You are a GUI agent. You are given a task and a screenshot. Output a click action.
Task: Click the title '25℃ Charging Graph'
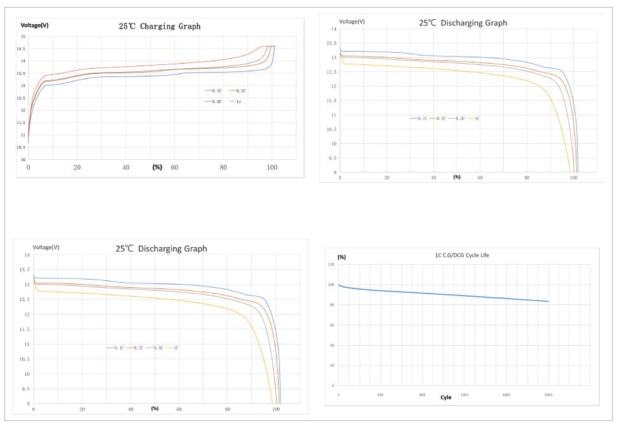160,27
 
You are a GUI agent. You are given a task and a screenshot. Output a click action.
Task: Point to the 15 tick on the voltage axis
22,37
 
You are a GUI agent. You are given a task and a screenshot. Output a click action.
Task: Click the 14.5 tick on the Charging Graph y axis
21,49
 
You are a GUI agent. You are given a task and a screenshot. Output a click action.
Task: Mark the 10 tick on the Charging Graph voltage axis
22,159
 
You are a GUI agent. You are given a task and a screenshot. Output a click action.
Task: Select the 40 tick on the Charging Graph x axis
126,167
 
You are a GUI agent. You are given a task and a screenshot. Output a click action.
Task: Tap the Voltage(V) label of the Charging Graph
34,25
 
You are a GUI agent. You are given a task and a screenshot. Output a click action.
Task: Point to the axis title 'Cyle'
446,397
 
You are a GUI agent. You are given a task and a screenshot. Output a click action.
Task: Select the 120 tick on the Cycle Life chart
331,264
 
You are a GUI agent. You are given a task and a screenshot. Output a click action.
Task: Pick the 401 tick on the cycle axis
380,395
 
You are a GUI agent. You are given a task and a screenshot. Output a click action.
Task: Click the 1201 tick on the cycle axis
464,395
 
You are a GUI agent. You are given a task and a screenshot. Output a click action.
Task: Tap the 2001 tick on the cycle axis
548,395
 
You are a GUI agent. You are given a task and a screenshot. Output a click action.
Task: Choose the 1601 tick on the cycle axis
506,395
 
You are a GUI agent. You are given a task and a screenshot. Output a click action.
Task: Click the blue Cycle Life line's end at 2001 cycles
548,301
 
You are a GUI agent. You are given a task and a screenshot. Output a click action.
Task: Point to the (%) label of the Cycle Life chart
342,257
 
